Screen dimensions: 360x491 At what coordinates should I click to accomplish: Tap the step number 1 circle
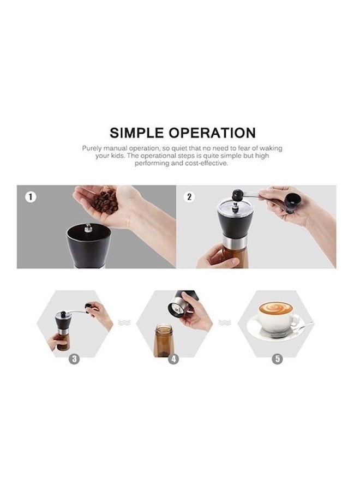(x=31, y=197)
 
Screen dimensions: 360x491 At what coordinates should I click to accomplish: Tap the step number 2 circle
(x=189, y=197)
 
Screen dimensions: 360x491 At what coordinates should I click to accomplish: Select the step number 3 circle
(x=74, y=359)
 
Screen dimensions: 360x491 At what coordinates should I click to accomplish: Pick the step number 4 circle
(x=174, y=359)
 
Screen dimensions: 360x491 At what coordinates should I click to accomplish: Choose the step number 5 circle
(x=277, y=359)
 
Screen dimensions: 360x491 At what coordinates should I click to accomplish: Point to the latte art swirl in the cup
(x=275, y=308)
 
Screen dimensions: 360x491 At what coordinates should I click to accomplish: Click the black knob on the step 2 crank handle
(x=238, y=195)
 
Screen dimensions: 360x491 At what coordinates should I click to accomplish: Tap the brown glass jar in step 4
(x=164, y=340)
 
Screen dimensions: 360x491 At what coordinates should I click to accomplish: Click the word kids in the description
(x=118, y=155)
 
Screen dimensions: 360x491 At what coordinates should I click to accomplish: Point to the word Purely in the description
(x=92, y=148)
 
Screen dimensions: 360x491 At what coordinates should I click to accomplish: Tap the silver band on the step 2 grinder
(x=235, y=241)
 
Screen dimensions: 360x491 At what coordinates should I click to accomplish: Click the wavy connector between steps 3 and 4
(x=124, y=322)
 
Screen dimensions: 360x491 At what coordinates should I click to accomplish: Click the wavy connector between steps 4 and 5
(x=224, y=322)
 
